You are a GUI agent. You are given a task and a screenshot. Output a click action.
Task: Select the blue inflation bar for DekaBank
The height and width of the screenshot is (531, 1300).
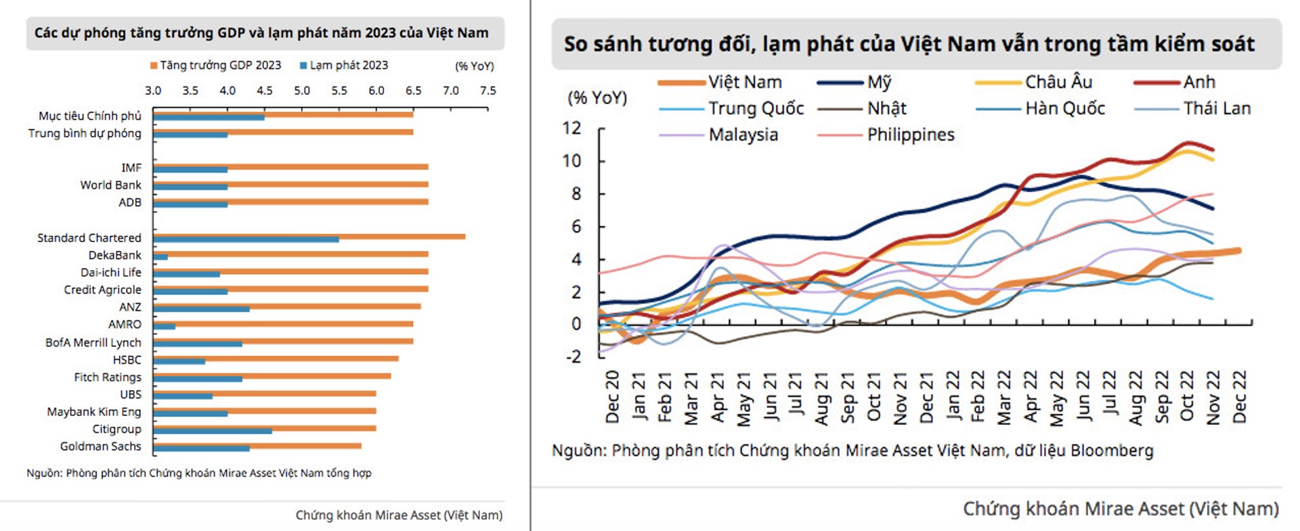pyautogui.click(x=160, y=257)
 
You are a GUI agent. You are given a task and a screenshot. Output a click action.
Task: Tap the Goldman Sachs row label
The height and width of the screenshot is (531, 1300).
pyautogui.click(x=100, y=446)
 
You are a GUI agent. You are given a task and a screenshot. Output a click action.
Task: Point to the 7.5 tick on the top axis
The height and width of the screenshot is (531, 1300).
pyautogui.click(x=487, y=91)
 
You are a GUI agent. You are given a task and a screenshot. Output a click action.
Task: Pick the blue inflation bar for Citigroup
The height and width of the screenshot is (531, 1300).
pyautogui.click(x=213, y=431)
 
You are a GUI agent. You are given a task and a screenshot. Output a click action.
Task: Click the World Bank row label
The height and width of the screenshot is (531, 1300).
pyautogui.click(x=110, y=185)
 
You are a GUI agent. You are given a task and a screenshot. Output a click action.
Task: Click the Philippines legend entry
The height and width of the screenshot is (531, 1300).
pyautogui.click(x=886, y=135)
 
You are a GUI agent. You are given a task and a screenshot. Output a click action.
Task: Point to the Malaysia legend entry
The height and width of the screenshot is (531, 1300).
pyautogui.click(x=718, y=135)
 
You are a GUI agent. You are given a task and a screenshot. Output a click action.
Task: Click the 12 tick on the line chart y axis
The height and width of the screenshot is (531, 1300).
pyautogui.click(x=571, y=128)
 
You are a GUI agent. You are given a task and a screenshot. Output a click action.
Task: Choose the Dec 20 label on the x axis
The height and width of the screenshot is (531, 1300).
pyautogui.click(x=612, y=397)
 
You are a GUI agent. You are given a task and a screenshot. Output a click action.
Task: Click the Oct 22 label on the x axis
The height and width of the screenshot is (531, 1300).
pyautogui.click(x=1187, y=397)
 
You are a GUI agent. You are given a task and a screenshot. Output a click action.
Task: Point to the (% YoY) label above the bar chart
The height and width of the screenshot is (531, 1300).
pyautogui.click(x=474, y=66)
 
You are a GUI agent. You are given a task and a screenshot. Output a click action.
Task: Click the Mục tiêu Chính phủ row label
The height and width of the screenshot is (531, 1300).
pyautogui.click(x=90, y=116)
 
